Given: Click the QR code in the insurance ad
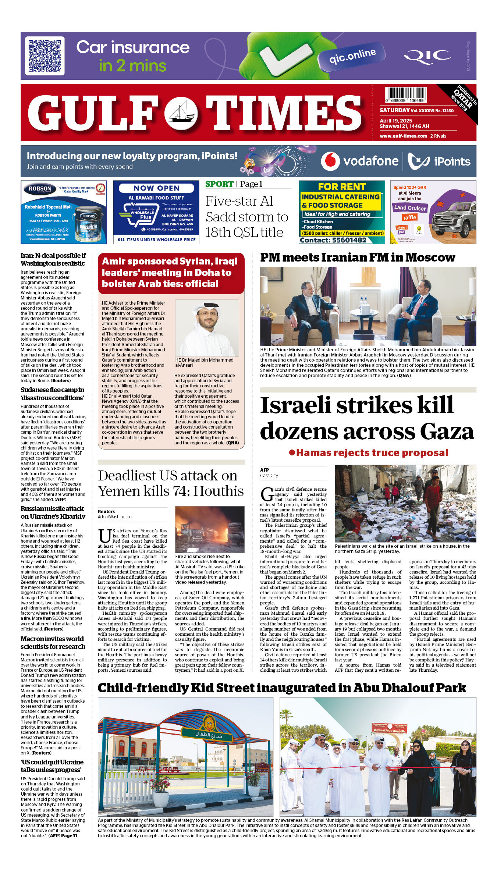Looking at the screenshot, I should click(x=45, y=56).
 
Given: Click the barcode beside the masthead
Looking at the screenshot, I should click(x=406, y=95).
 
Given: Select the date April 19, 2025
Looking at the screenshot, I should click(x=396, y=121).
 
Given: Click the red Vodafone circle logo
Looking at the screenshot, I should click(x=330, y=161).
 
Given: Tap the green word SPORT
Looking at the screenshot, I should click(x=219, y=184).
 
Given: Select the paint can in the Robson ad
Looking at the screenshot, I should click(x=88, y=223).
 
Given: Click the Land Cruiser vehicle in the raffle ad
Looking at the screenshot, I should click(x=452, y=219).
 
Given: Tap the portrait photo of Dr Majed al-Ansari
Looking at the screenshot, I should click(x=207, y=328).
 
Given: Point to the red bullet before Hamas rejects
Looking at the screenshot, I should click(x=292, y=452).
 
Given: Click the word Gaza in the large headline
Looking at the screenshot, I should click(x=447, y=431).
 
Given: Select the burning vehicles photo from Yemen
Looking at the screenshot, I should click(x=210, y=529).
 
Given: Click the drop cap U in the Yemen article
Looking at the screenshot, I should click(x=104, y=536).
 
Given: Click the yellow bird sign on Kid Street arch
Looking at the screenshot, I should click(x=209, y=722).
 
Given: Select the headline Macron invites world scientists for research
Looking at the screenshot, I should click(x=53, y=643).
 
